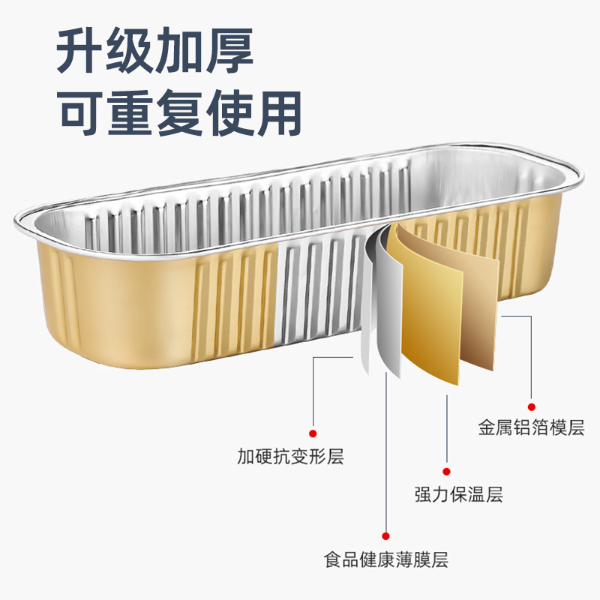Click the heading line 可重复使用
(180, 113)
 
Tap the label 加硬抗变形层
(290, 455)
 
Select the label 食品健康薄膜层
(386, 559)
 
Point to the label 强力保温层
(458, 494)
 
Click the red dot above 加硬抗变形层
(313, 433)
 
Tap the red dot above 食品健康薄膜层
(386, 535)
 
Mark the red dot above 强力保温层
(446, 471)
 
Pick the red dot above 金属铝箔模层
(531, 406)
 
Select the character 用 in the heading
(277, 113)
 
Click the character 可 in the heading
(82, 113)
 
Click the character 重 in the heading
(131, 113)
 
